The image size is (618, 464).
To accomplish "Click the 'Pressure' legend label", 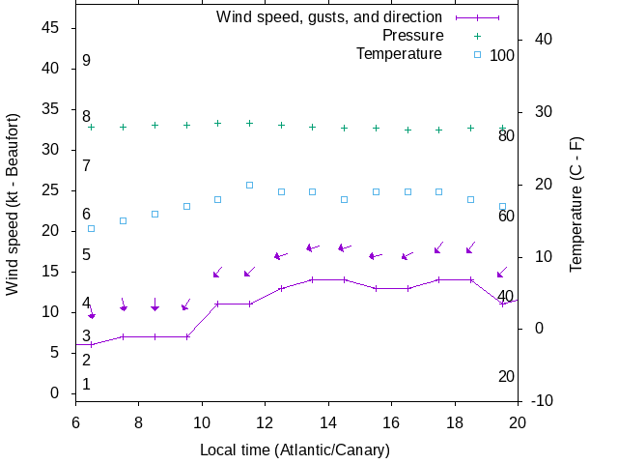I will click(413, 36).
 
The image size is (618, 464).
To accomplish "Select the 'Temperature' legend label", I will click(399, 53).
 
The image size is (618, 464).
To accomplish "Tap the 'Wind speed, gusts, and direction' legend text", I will click(329, 17).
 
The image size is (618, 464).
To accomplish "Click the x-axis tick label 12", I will click(265, 422).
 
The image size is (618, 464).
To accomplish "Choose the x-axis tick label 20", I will click(518, 422).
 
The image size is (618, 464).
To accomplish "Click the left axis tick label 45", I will click(52, 28).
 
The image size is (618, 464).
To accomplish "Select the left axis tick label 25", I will click(52, 190).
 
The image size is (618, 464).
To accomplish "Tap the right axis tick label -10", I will click(543, 400).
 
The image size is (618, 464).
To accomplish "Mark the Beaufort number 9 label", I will click(86, 61).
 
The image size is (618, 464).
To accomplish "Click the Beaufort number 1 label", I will click(86, 384).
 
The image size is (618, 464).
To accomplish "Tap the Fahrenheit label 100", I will click(502, 55).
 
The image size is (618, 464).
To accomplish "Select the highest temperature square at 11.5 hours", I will click(249, 185).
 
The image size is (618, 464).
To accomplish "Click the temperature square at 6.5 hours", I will click(91, 228).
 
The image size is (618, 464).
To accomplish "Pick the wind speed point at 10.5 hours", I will click(217, 304).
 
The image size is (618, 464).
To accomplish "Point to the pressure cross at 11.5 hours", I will click(249, 123).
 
